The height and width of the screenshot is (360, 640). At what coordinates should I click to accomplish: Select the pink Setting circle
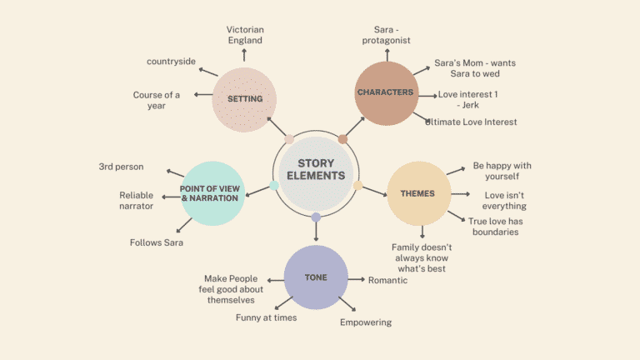[244, 99]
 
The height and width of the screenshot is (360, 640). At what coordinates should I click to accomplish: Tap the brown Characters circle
[385, 93]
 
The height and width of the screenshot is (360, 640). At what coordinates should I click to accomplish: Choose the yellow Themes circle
[418, 193]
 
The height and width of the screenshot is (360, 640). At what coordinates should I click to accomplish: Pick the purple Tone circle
[316, 277]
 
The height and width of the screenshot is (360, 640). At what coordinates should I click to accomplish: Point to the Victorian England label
[244, 35]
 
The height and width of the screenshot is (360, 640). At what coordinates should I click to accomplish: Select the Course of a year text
[156, 100]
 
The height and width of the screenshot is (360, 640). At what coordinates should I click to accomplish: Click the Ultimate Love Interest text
[471, 122]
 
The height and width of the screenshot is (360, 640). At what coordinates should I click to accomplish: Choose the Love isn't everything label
[505, 200]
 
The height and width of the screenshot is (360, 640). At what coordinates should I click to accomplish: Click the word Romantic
[387, 280]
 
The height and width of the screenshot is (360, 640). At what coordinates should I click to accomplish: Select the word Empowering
[365, 322]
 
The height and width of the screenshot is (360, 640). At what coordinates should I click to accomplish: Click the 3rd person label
[121, 167]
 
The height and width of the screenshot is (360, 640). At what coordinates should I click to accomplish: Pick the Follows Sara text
[157, 242]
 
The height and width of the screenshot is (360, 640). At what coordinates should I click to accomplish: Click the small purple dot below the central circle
[316, 217]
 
